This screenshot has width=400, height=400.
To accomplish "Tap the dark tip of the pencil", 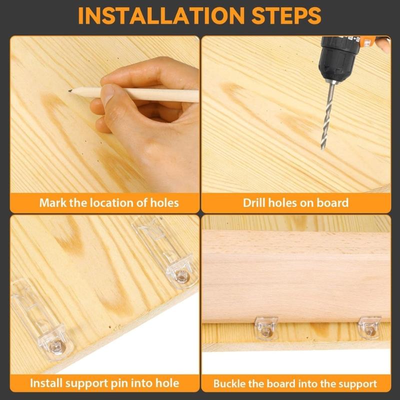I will click(x=69, y=91).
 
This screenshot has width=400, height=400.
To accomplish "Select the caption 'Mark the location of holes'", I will click(x=109, y=203).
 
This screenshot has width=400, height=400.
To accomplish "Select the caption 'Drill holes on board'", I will click(x=295, y=203).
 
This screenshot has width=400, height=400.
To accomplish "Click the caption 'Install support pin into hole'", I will click(x=104, y=383).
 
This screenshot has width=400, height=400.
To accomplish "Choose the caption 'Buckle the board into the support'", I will click(x=295, y=384).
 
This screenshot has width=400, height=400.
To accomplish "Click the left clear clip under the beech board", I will click(x=266, y=327).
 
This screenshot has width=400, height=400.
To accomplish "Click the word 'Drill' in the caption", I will click(x=254, y=203).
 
